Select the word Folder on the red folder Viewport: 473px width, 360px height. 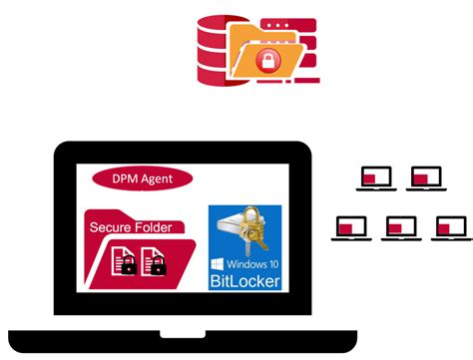coord(154,227)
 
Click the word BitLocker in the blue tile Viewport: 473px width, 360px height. coord(244,282)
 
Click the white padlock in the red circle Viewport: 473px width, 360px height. coord(267,62)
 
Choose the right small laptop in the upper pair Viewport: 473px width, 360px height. coord(426,179)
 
